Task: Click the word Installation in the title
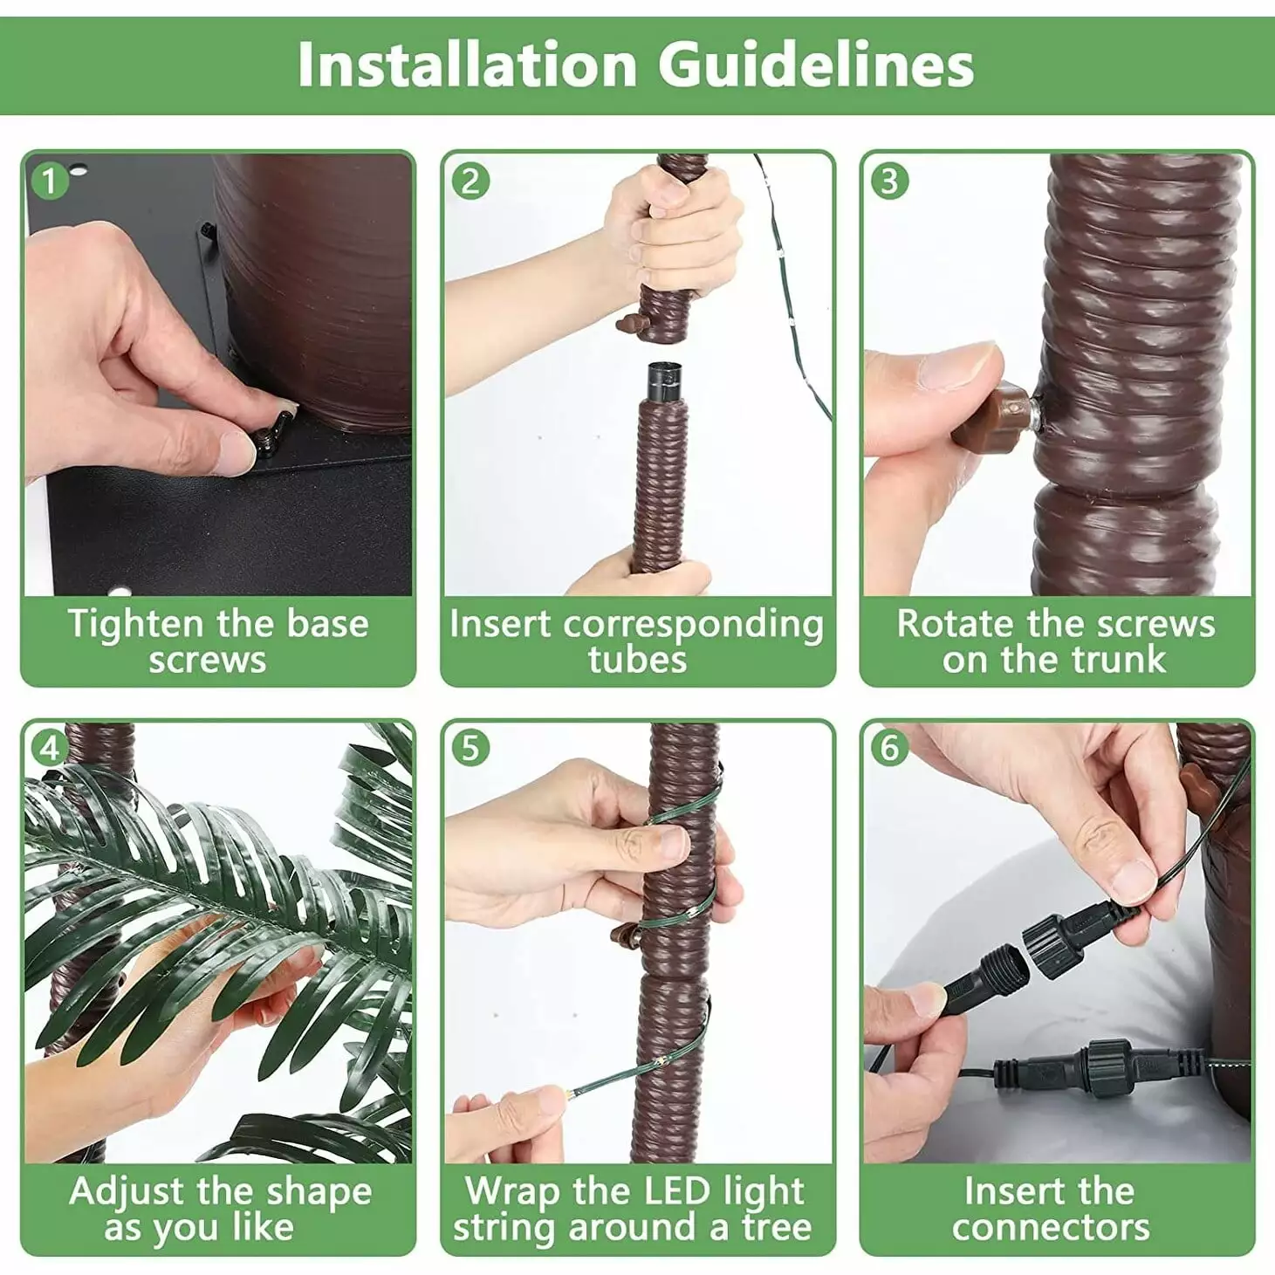(467, 65)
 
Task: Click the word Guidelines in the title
(815, 65)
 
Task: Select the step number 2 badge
(470, 180)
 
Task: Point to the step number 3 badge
(889, 180)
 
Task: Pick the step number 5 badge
(470, 748)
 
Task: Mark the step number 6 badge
(889, 748)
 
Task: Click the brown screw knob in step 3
(989, 415)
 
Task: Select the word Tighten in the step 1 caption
(135, 625)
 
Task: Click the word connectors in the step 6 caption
(1051, 1228)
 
